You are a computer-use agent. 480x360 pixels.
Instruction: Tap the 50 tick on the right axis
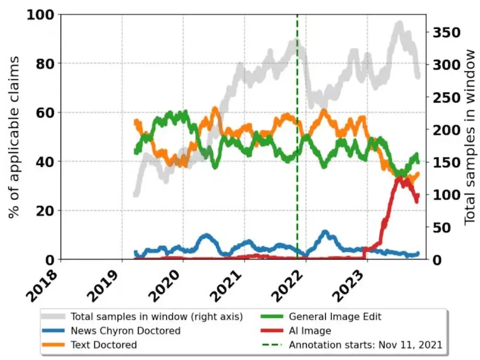(x=439, y=227)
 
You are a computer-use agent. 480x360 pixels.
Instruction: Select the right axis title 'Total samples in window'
(x=469, y=136)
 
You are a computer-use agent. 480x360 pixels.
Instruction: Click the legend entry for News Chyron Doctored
(x=125, y=330)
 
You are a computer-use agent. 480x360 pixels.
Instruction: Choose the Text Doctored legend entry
(x=104, y=344)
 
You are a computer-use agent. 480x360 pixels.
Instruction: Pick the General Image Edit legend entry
(x=335, y=316)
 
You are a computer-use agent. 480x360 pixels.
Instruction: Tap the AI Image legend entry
(x=310, y=330)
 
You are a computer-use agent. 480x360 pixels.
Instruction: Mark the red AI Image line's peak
(x=398, y=178)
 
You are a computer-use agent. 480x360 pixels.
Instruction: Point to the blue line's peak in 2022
(x=325, y=232)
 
